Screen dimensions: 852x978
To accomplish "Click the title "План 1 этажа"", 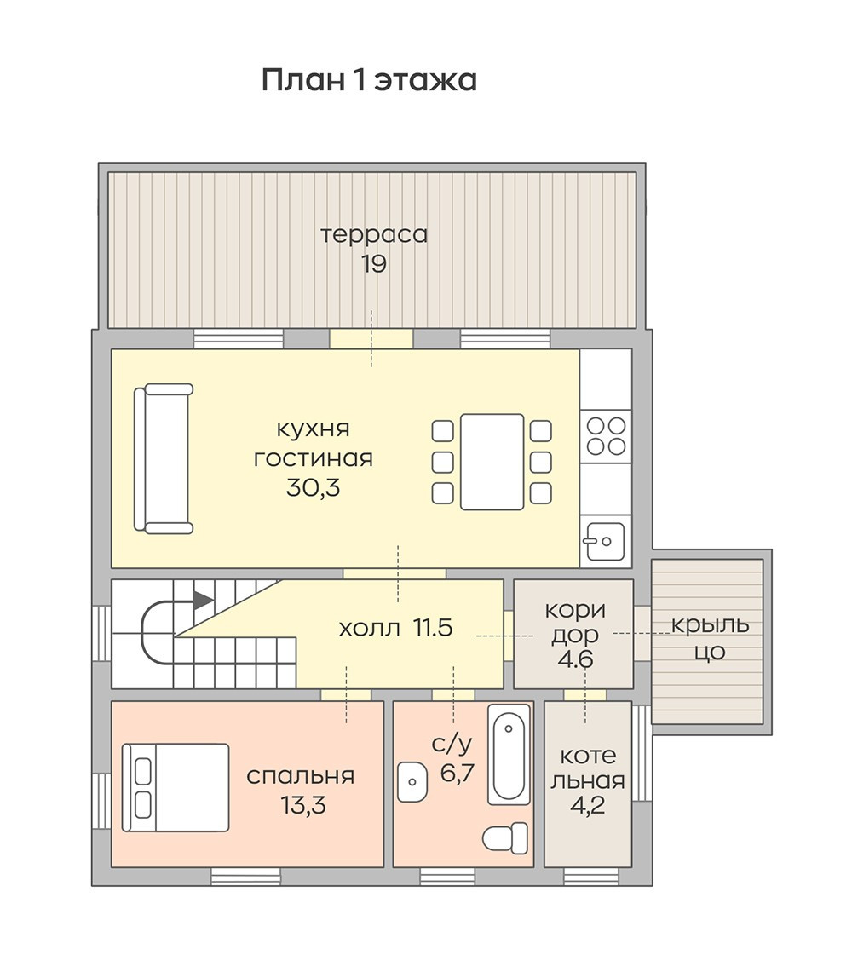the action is [x=369, y=80].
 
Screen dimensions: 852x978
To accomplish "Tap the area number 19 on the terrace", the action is [x=374, y=264].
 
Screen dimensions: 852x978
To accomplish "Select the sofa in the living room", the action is [x=164, y=458].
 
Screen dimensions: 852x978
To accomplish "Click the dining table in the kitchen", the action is [x=492, y=462].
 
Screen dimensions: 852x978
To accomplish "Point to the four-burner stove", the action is [x=606, y=436].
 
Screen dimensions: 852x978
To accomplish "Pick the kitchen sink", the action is [x=604, y=541].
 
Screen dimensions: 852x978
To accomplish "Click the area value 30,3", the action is [x=313, y=487].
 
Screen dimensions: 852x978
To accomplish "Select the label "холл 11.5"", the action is [x=395, y=628].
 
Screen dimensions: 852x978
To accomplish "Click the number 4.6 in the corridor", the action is [x=576, y=659].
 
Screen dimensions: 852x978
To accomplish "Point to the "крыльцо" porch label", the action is [x=710, y=638].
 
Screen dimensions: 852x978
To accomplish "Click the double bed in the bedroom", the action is [x=176, y=787].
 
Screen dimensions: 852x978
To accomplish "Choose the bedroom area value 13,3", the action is [x=303, y=805].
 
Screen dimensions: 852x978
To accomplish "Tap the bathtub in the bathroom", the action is [x=509, y=755].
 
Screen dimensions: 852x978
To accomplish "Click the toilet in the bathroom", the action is [x=505, y=837].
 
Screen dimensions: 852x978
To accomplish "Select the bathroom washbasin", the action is [x=412, y=781].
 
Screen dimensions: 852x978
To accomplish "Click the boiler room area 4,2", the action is [x=588, y=805].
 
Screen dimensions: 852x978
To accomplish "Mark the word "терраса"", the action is [x=374, y=235].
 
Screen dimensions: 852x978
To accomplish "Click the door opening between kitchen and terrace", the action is [x=371, y=339].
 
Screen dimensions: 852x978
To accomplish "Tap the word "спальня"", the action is [x=301, y=777].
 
